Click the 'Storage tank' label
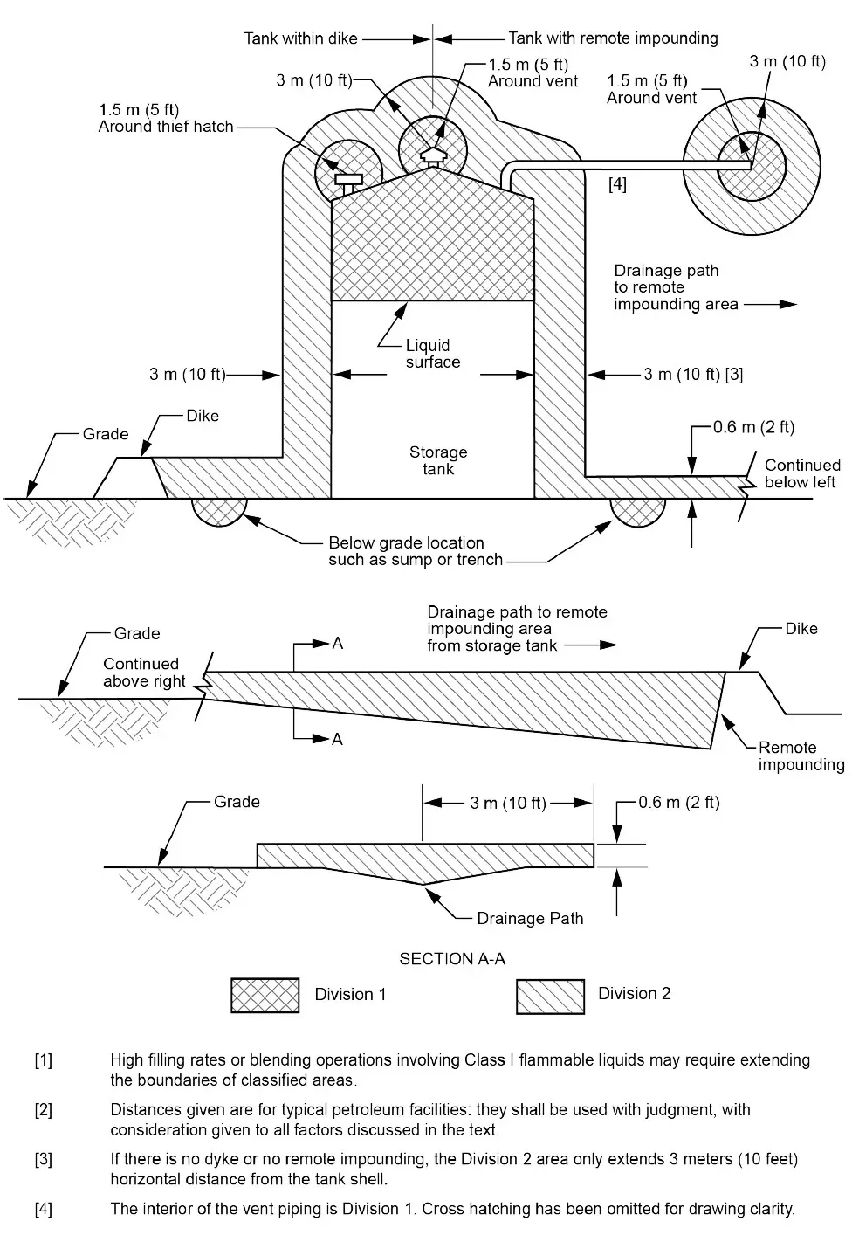(438, 460)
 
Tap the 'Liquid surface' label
(432, 354)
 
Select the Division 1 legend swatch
(265, 995)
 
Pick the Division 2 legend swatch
(550, 996)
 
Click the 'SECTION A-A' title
(452, 958)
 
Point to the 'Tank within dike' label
(300, 38)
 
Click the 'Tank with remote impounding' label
(613, 38)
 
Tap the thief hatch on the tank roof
(347, 182)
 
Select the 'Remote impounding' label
(801, 756)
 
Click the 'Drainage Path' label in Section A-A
(530, 918)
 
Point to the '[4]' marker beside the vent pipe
(616, 185)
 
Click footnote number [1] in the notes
(43, 1061)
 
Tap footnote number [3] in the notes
(43, 1160)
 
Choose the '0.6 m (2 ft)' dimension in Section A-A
(678, 802)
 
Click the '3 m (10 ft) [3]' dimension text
(693, 374)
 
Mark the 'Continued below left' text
(801, 473)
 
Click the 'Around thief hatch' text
(166, 127)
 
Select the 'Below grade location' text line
(406, 542)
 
